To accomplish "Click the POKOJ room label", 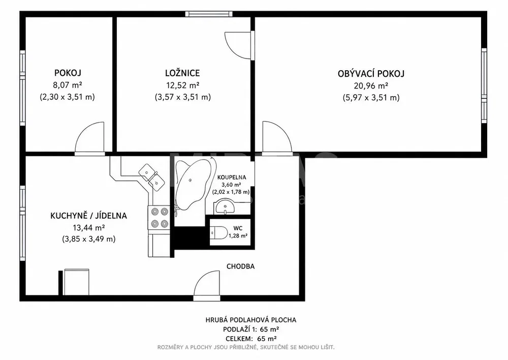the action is pyautogui.click(x=68, y=73).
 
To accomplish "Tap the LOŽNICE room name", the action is pyautogui.click(x=182, y=73).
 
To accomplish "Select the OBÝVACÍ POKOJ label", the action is pyautogui.click(x=371, y=74).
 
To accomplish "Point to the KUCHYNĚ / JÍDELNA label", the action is pyautogui.click(x=88, y=216).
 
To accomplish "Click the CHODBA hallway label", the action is pyautogui.click(x=240, y=266).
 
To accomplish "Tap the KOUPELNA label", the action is pyautogui.click(x=232, y=177).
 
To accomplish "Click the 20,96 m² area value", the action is pyautogui.click(x=371, y=86).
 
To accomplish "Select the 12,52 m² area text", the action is pyautogui.click(x=182, y=85).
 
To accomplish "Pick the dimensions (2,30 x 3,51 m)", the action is pyautogui.click(x=68, y=97).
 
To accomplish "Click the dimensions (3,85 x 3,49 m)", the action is pyautogui.click(x=88, y=239).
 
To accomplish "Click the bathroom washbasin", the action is pyautogui.click(x=226, y=207).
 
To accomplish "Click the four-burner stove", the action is pyautogui.click(x=159, y=217).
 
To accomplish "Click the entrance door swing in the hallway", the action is pyautogui.click(x=207, y=284).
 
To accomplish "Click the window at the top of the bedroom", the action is pyautogui.click(x=209, y=14).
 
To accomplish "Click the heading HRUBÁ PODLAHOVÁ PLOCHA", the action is pyautogui.click(x=251, y=320).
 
